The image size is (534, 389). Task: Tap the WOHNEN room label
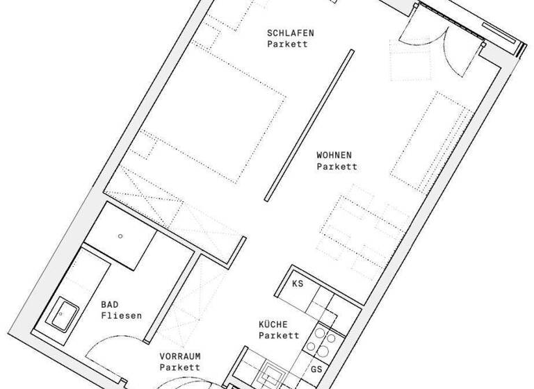(334, 155)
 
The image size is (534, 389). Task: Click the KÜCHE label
(273, 324)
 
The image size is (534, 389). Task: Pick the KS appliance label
(298, 284)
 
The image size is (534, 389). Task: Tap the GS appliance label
(316, 369)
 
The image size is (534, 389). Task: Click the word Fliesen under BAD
(121, 315)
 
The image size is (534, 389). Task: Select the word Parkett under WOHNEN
(337, 167)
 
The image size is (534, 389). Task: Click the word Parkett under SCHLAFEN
(287, 44)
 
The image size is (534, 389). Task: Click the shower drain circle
(120, 236)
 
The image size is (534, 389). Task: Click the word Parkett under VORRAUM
(179, 367)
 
